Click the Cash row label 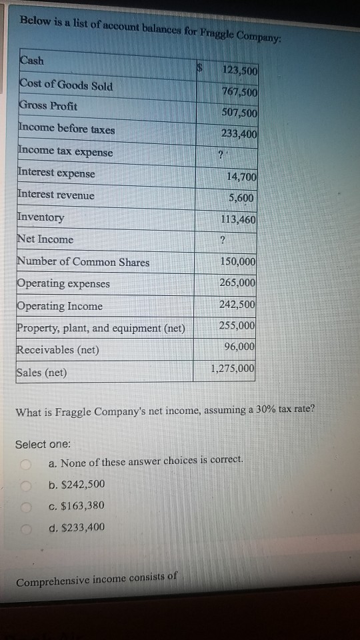coord(31,61)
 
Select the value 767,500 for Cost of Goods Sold coord(239,91)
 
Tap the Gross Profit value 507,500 coord(239,113)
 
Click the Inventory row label coord(41,217)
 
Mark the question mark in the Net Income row coord(221,240)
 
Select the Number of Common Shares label coord(84,262)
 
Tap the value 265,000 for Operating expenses coord(238,283)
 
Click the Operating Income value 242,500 coord(238,304)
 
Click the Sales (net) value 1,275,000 coord(233,368)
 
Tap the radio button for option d coord(26,529)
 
